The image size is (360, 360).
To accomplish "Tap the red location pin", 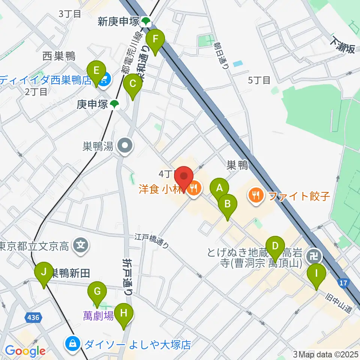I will tap(184, 177).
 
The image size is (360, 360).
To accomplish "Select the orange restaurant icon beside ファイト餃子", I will tap(255, 195).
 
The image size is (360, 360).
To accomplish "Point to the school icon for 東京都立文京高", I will tap(80, 246).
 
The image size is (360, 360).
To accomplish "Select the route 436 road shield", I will tap(33, 318).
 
